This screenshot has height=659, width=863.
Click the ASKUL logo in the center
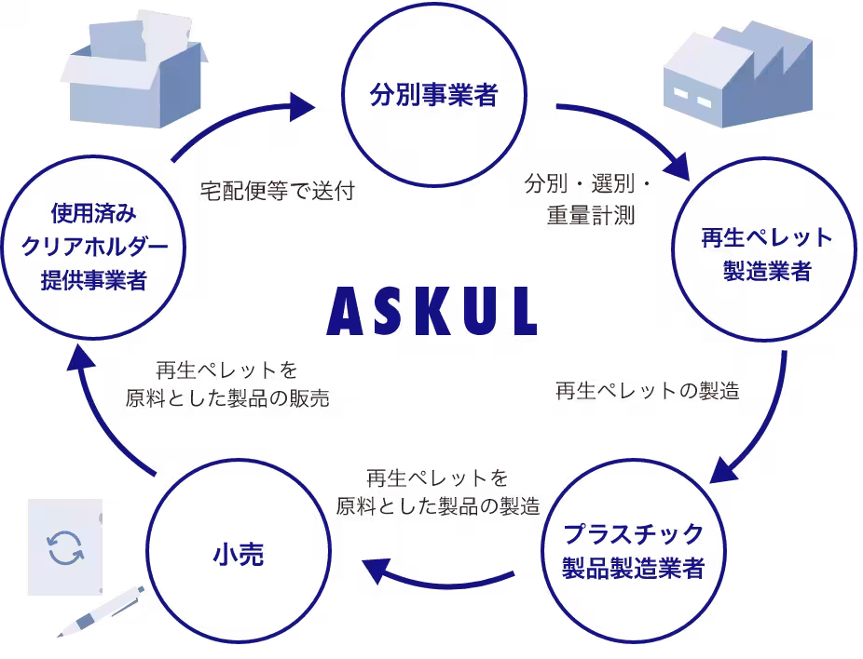coord(432,311)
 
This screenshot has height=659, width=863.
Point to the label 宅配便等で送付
coord(278,191)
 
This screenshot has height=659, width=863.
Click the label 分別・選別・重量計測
coord(588,199)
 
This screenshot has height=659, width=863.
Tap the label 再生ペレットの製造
coord(647,391)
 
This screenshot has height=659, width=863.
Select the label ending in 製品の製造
coord(437,492)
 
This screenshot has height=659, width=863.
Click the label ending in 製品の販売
coord(227,384)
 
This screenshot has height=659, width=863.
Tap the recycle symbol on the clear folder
coord(65,547)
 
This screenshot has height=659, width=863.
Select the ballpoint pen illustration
coord(101,612)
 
